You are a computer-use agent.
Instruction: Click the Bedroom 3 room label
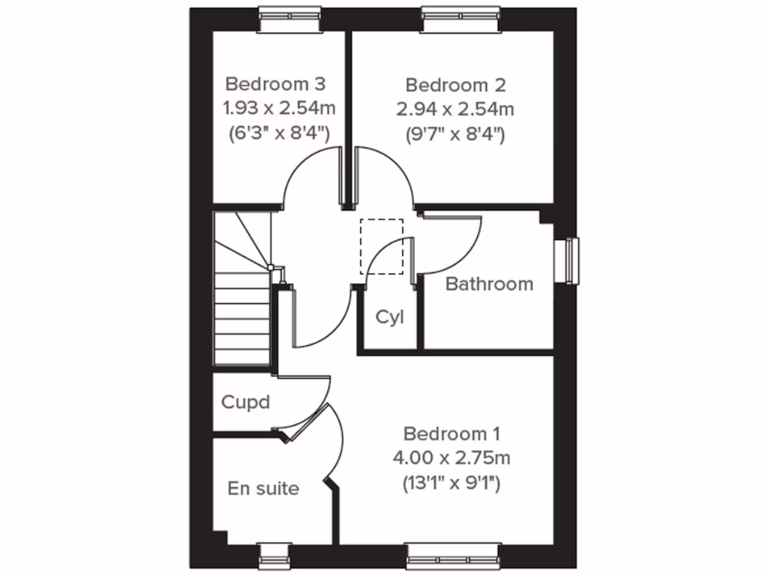click(275, 83)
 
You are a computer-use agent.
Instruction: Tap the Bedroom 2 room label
click(455, 83)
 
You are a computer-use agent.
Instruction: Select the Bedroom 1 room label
click(451, 433)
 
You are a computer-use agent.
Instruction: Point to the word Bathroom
click(489, 284)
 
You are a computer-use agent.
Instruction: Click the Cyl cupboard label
click(390, 317)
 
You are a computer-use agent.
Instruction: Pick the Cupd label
click(245, 402)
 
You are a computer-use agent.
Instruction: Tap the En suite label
click(263, 489)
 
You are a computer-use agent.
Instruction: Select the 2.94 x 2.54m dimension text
click(455, 109)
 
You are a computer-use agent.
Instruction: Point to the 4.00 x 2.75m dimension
click(451, 457)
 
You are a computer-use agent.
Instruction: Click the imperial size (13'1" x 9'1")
click(451, 482)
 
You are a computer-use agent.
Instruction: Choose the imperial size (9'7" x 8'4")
click(455, 134)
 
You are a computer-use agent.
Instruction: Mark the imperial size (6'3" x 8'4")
click(277, 134)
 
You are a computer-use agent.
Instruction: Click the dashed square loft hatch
click(382, 246)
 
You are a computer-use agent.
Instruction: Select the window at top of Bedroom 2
click(460, 20)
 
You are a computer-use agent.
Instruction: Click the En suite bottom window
click(274, 556)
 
